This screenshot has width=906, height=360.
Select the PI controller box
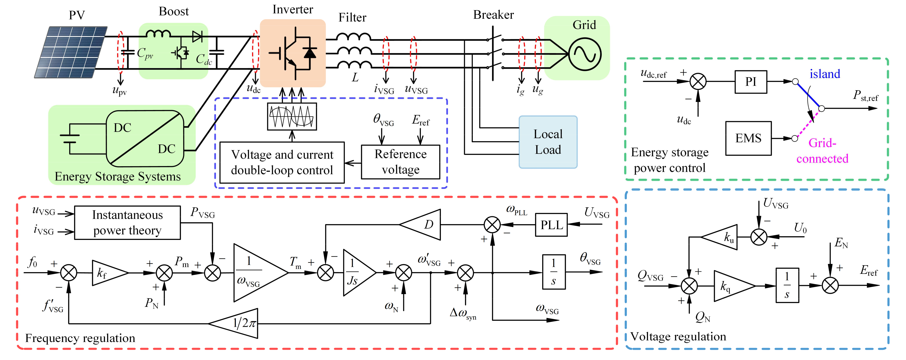click(x=750, y=82)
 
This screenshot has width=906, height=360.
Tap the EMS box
click(x=748, y=138)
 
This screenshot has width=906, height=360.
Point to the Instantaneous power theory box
click(x=127, y=222)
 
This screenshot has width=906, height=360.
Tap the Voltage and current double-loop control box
click(x=282, y=162)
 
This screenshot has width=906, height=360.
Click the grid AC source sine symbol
click(x=585, y=54)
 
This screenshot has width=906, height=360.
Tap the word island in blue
click(x=824, y=74)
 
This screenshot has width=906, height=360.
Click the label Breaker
click(x=493, y=15)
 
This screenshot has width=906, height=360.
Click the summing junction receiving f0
click(x=69, y=273)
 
